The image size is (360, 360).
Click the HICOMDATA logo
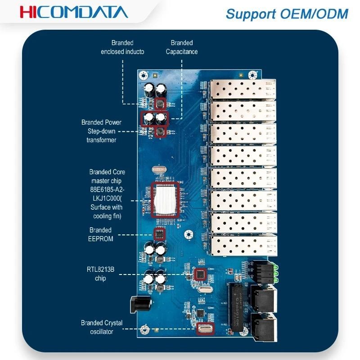[74, 12]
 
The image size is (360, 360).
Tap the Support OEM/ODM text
[287, 14]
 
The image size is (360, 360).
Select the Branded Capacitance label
[182, 47]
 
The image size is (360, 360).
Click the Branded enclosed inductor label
[122, 47]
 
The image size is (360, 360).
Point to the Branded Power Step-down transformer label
[101, 131]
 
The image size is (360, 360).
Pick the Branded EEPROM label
[100, 234]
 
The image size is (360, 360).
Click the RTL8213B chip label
[100, 274]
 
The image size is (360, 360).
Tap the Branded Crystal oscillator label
[102, 327]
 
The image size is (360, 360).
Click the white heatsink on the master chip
[165, 199]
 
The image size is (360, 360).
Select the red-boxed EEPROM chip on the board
[160, 234]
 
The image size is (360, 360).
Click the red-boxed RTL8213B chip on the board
[200, 274]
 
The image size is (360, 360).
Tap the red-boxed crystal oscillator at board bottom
[205, 328]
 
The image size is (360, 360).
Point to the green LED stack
[275, 274]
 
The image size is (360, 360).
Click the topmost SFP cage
[243, 89]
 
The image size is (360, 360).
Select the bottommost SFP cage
[243, 245]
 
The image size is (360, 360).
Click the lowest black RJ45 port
[264, 327]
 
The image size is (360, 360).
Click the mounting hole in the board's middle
[189, 234]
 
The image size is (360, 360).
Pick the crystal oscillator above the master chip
[159, 170]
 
